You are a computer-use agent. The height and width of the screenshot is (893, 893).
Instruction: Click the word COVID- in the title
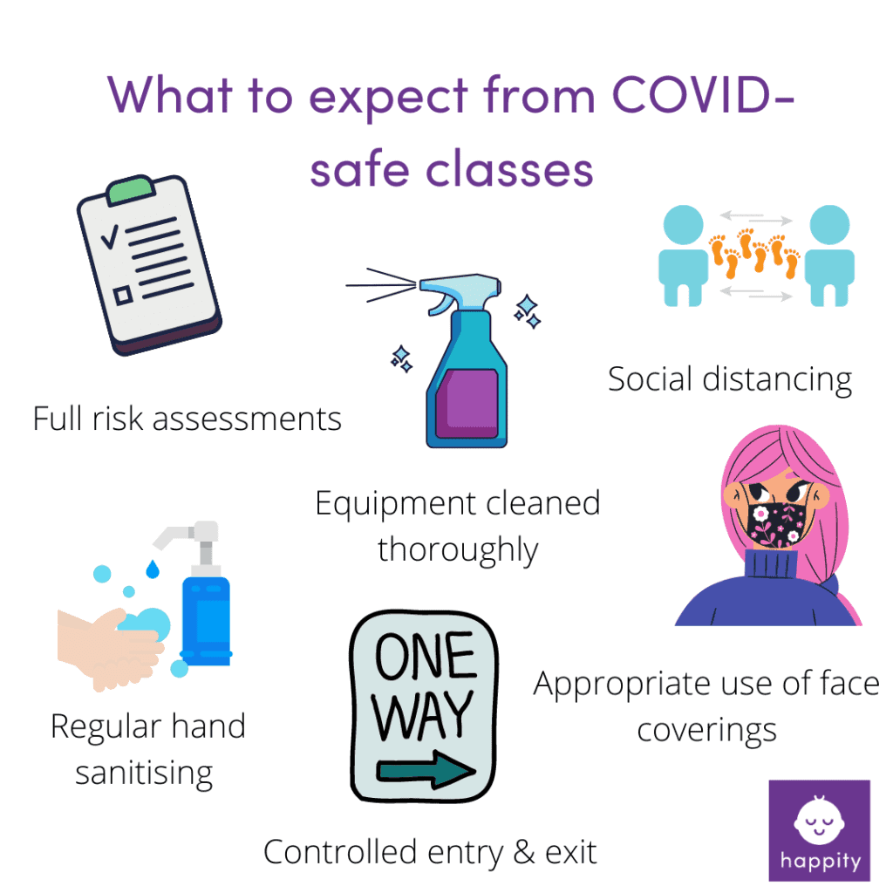702,94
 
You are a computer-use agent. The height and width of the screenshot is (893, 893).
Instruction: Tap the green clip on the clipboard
131,189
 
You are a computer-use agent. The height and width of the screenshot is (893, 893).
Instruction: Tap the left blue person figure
683,256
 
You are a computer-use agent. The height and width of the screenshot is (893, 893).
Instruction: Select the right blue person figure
829,256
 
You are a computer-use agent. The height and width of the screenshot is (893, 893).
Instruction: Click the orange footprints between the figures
754,253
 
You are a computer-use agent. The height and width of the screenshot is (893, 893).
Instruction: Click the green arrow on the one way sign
426,770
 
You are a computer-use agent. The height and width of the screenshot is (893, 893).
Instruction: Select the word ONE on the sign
426,656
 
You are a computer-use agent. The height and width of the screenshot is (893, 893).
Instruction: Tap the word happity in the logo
820,861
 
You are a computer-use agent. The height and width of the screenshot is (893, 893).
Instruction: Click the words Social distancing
730,380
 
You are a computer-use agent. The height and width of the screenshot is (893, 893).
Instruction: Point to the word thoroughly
458,551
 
